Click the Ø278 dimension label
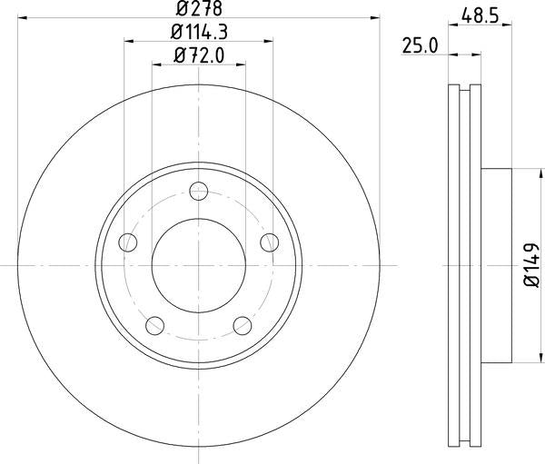pyautogui.click(x=197, y=9)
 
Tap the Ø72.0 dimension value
pyautogui.click(x=197, y=57)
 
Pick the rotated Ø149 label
pyautogui.click(x=530, y=266)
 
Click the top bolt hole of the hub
pyautogui.click(x=199, y=191)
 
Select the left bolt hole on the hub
pyautogui.click(x=128, y=242)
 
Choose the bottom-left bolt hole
pyautogui.click(x=155, y=324)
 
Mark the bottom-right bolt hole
pyautogui.click(x=243, y=324)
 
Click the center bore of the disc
pyautogui.click(x=198, y=265)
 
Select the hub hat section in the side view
pyautogui.click(x=495, y=265)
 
